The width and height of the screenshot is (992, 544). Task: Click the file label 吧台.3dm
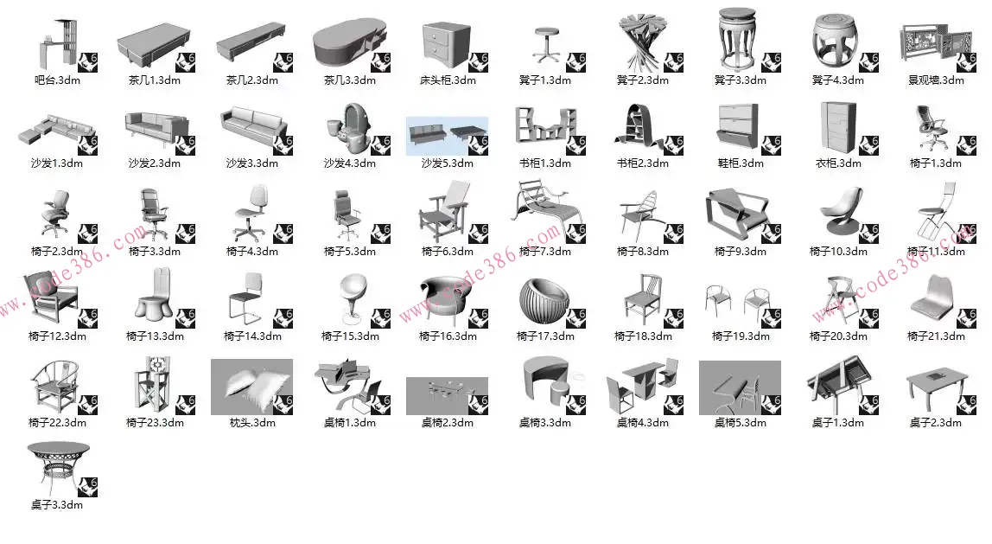[58, 80]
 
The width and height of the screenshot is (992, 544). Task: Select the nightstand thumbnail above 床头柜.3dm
[446, 45]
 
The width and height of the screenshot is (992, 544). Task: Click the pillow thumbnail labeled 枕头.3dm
[251, 387]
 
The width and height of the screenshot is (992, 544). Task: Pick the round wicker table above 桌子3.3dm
[58, 469]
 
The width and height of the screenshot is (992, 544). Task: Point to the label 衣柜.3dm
[838, 163]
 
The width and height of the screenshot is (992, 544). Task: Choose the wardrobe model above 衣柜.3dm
[838, 128]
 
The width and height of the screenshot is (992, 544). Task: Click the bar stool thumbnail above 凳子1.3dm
[547, 45]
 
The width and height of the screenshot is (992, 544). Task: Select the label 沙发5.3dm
[448, 163]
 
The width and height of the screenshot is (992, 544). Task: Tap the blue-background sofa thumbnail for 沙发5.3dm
[447, 136]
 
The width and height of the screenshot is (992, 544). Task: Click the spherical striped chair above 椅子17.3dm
[544, 302]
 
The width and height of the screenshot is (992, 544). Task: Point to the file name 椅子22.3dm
[58, 422]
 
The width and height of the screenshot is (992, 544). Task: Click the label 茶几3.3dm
[350, 80]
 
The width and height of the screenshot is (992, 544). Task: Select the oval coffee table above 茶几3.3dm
[350, 43]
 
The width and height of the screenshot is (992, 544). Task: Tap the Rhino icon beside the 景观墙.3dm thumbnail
[965, 62]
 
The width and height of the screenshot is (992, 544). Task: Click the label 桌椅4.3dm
[643, 422]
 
